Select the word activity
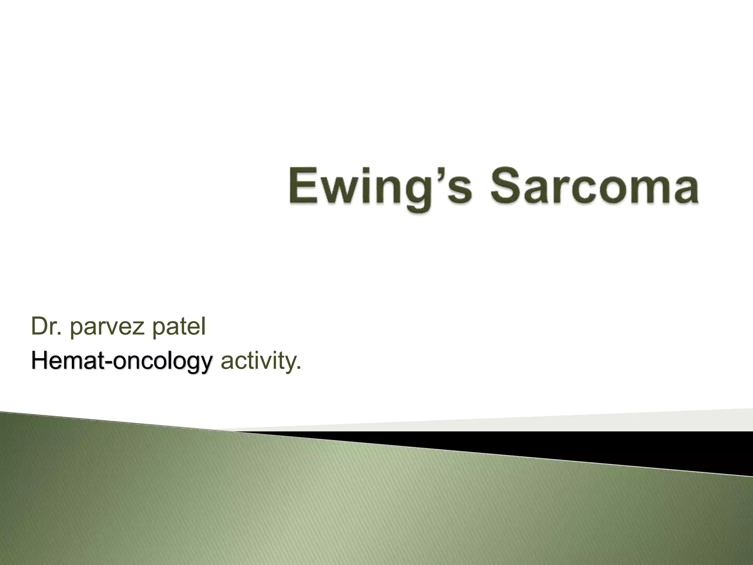pos(257,362)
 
